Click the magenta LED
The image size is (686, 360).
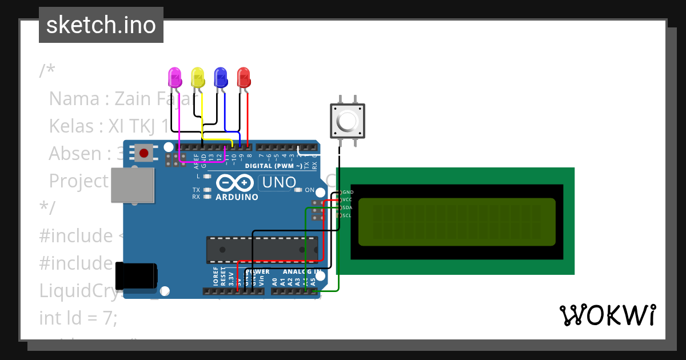click(175, 77)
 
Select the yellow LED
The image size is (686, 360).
click(198, 77)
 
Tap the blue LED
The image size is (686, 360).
click(221, 77)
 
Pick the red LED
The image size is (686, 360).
click(244, 77)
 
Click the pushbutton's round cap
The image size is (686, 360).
click(348, 121)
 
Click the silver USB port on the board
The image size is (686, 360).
click(132, 185)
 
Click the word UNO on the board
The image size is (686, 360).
click(279, 183)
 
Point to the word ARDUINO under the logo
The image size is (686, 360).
click(237, 197)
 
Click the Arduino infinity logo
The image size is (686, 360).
click(236, 183)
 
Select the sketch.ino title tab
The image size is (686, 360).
click(101, 25)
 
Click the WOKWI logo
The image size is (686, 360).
click(607, 315)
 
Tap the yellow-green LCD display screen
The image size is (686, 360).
click(457, 222)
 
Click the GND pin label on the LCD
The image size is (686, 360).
click(348, 193)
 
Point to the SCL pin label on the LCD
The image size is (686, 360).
click(347, 215)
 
